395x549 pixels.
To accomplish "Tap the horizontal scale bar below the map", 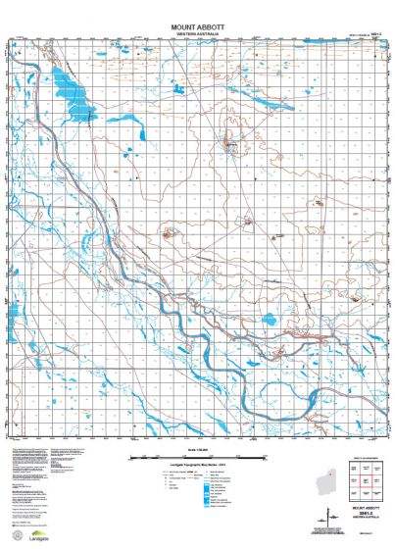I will pyautogui.click(x=198, y=458).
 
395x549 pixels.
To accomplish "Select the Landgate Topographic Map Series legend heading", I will pyautogui.click(x=198, y=465).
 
